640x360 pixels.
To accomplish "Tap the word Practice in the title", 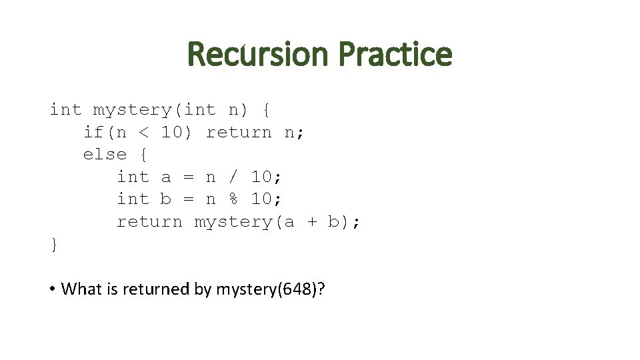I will point(395,55).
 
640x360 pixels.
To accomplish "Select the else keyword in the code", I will point(105,155).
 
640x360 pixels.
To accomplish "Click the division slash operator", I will point(233,177).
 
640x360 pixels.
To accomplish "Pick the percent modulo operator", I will point(233,199).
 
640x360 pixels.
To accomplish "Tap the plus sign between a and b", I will point(312,222).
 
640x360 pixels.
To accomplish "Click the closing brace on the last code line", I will point(54,245).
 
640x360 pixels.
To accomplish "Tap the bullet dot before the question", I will point(51,289).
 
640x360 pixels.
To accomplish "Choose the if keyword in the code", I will point(93,133).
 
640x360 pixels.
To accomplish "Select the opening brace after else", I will point(143,155).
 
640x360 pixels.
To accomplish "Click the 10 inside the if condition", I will point(172,133).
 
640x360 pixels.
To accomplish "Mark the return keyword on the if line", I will point(239,133).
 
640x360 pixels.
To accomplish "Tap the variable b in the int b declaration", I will point(166,199).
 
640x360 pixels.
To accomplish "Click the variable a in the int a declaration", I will point(166,177).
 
